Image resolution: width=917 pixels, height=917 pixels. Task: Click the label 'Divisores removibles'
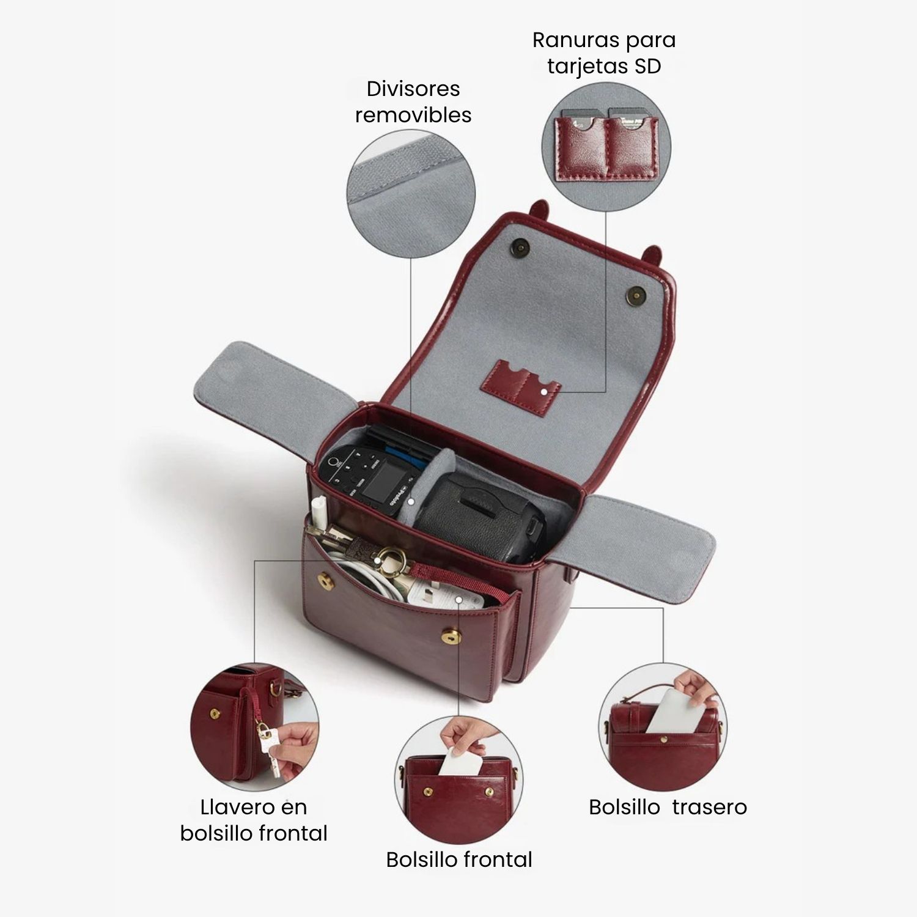pyautogui.click(x=413, y=101)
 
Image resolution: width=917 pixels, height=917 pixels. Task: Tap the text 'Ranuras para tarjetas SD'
pyautogui.click(x=604, y=53)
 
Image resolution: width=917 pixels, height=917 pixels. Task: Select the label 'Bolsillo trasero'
pyautogui.click(x=668, y=807)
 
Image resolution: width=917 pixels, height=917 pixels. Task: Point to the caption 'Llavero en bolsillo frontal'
pyautogui.click(x=254, y=820)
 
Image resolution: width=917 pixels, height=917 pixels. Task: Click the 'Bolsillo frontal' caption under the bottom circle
pyautogui.click(x=459, y=860)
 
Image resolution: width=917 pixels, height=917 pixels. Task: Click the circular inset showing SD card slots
pyautogui.click(x=606, y=147)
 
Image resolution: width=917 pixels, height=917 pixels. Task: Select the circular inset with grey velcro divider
pyautogui.click(x=411, y=194)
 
